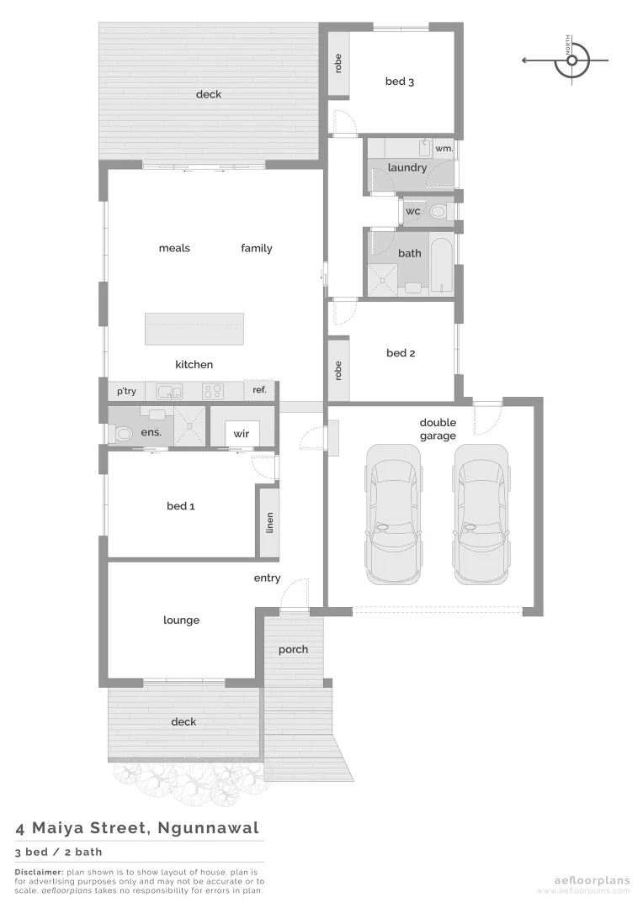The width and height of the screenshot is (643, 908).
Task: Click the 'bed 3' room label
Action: [x=400, y=82]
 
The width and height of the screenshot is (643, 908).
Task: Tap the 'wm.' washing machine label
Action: [x=444, y=149]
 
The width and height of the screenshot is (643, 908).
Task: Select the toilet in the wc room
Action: [x=438, y=211]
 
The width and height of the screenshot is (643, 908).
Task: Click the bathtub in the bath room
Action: [x=441, y=266]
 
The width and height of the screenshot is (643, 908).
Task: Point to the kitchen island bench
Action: [x=194, y=329]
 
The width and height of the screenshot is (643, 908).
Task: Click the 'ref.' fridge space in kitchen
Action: [x=259, y=390]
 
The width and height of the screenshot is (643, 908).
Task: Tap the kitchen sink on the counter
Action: [x=168, y=391]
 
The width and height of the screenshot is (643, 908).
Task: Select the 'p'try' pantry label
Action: [x=126, y=391]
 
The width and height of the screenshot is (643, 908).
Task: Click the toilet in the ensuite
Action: [x=122, y=434]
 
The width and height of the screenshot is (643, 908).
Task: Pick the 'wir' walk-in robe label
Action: [x=242, y=434]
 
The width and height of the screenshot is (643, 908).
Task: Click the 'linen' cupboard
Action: [x=269, y=522]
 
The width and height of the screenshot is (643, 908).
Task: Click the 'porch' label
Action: [x=293, y=649]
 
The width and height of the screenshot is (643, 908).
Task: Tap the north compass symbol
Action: [x=572, y=60]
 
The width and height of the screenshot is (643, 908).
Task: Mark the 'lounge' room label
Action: [x=181, y=620]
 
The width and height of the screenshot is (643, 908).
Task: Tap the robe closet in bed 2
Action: [x=338, y=370]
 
